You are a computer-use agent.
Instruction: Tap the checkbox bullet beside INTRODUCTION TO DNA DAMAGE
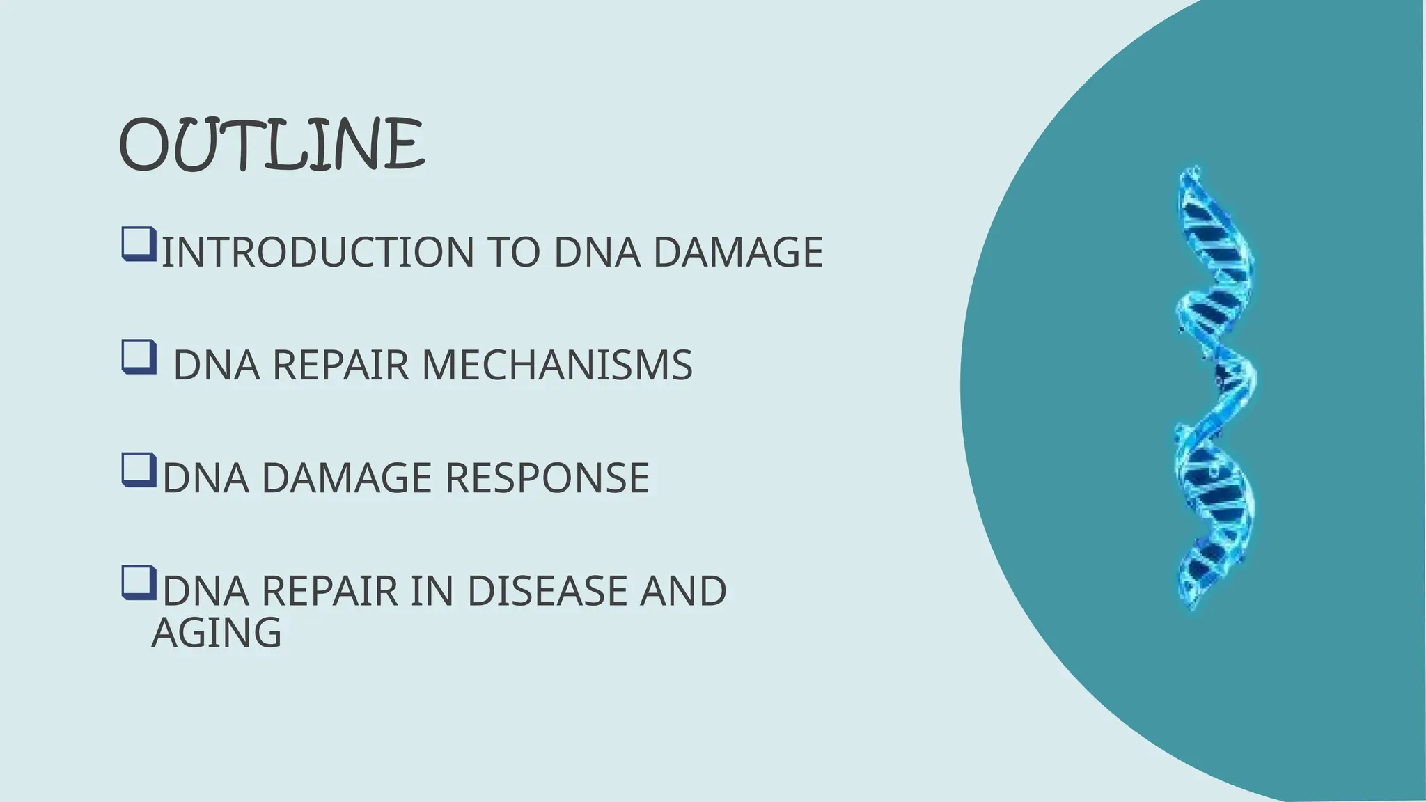click(139, 244)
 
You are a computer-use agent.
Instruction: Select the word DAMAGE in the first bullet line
click(738, 252)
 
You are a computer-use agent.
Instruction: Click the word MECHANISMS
click(557, 365)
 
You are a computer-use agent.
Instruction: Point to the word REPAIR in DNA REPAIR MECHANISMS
click(340, 365)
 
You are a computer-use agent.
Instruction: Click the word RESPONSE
click(547, 478)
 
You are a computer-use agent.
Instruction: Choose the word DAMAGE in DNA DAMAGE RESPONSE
click(346, 478)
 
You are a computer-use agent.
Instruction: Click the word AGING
click(217, 633)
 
